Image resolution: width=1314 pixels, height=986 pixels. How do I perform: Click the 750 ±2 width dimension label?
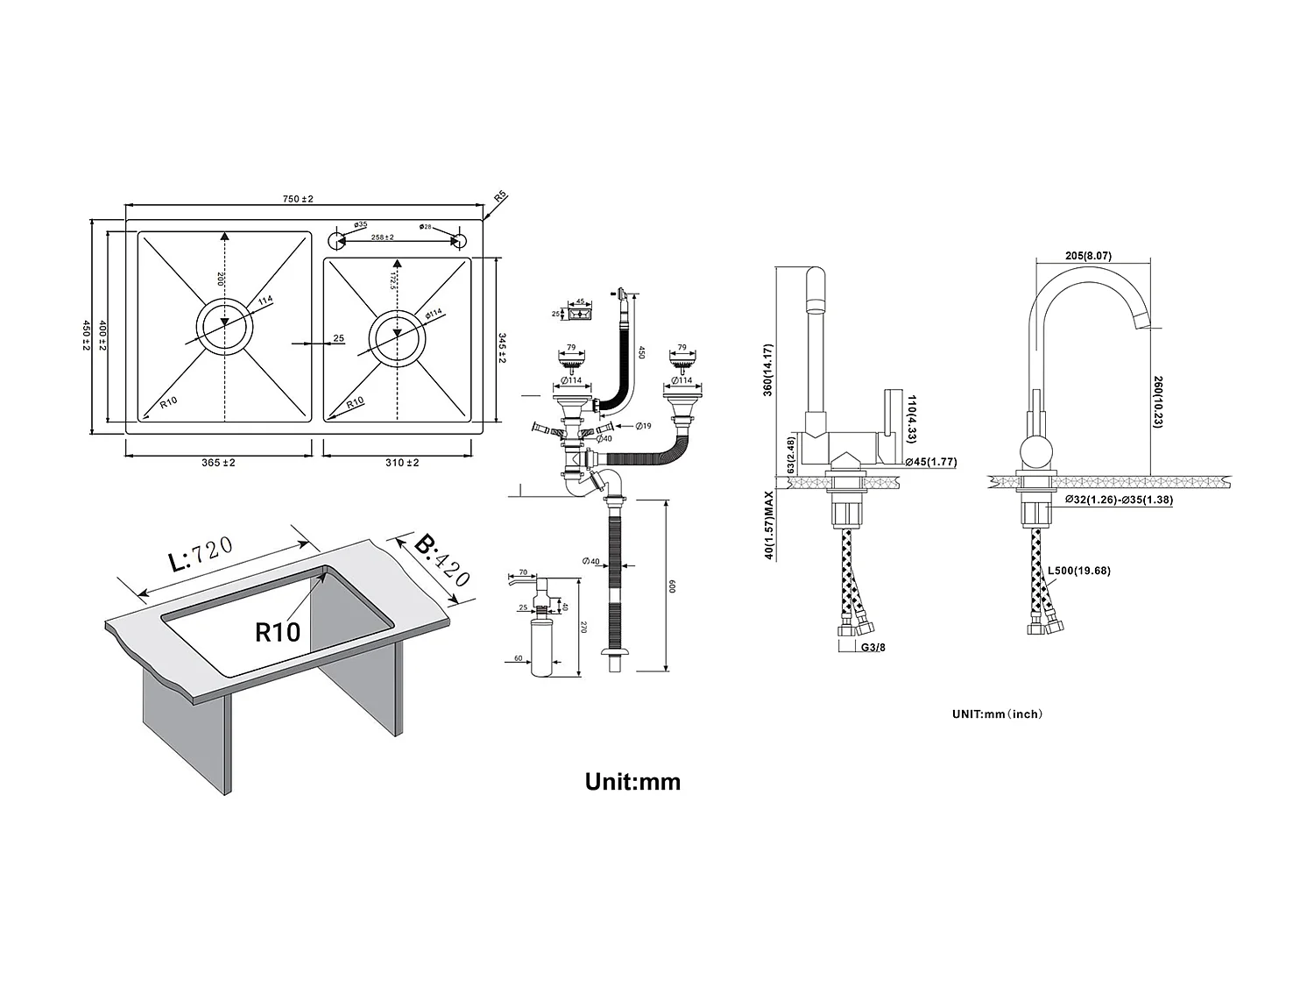298,199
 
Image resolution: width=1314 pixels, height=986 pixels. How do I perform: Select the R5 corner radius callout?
500,197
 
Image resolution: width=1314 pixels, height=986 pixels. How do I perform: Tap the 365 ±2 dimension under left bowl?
218,463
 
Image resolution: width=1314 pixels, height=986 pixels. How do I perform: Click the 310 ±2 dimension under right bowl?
401,463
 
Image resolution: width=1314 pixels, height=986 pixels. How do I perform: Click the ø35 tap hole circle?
335,239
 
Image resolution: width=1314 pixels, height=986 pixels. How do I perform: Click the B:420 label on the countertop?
442,561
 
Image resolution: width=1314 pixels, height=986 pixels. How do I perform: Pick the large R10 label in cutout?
278,632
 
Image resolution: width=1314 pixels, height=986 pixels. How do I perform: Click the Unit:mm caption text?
632,782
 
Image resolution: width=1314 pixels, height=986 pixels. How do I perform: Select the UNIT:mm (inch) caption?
997,714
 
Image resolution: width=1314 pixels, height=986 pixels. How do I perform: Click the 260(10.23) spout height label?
1157,401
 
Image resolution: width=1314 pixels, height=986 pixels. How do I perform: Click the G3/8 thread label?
872,649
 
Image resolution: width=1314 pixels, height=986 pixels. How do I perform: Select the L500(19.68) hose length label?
1079,571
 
